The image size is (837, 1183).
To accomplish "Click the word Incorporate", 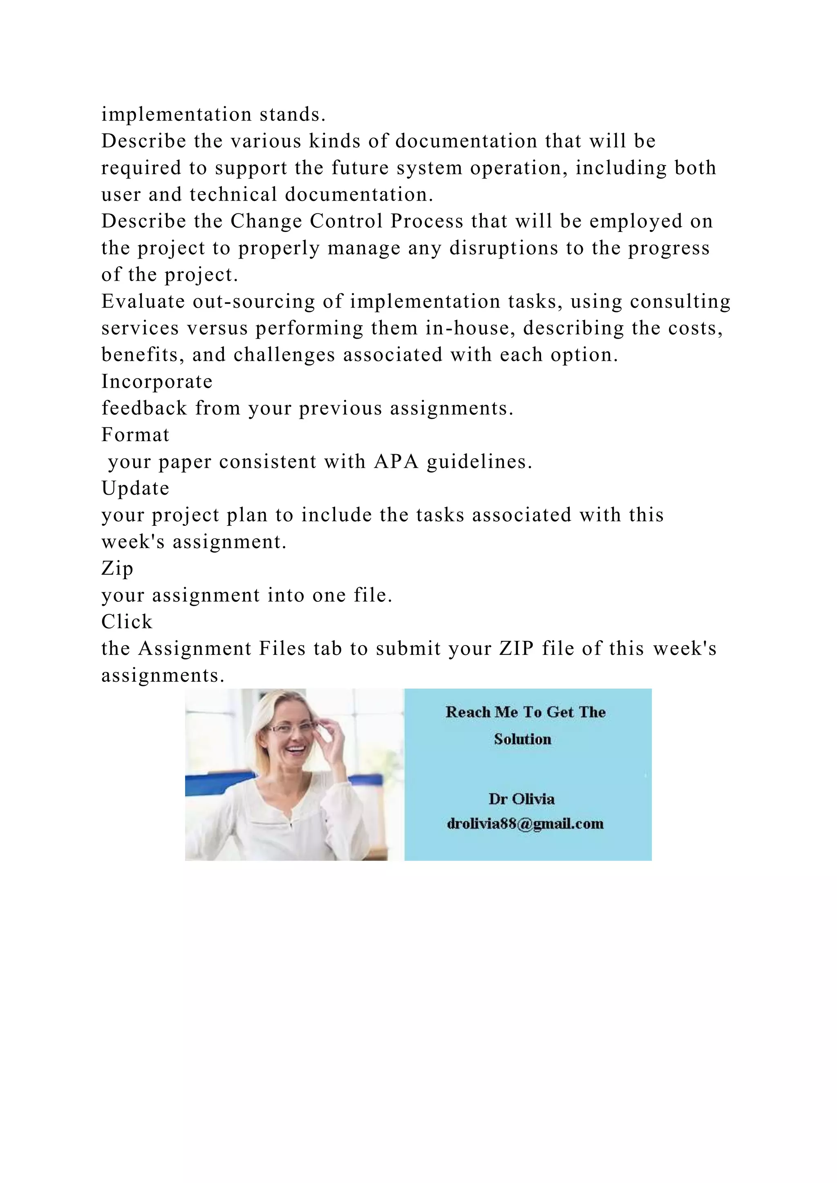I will click(157, 382).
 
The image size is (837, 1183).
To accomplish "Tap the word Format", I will click(135, 435).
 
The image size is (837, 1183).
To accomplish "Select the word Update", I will click(135, 489).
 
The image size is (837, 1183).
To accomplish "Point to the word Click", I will click(127, 622).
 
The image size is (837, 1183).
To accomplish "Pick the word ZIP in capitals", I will click(516, 649).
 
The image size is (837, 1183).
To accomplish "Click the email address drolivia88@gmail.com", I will click(525, 824).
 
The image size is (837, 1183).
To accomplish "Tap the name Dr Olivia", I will click(521, 799).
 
